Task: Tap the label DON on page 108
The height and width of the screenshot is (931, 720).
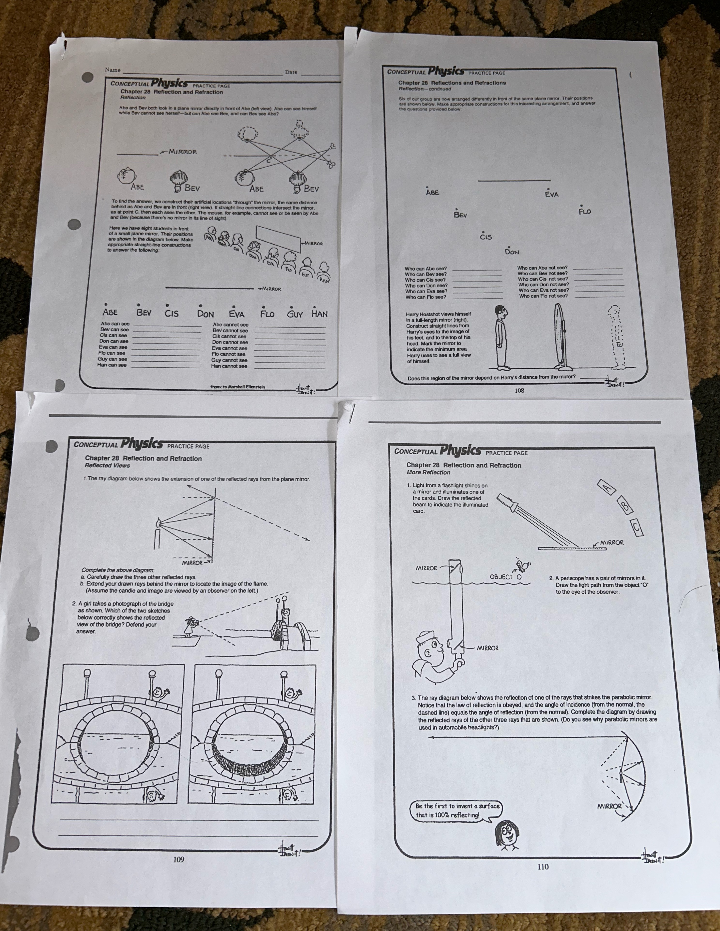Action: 512,251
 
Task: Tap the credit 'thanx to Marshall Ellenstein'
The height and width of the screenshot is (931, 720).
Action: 237,387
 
